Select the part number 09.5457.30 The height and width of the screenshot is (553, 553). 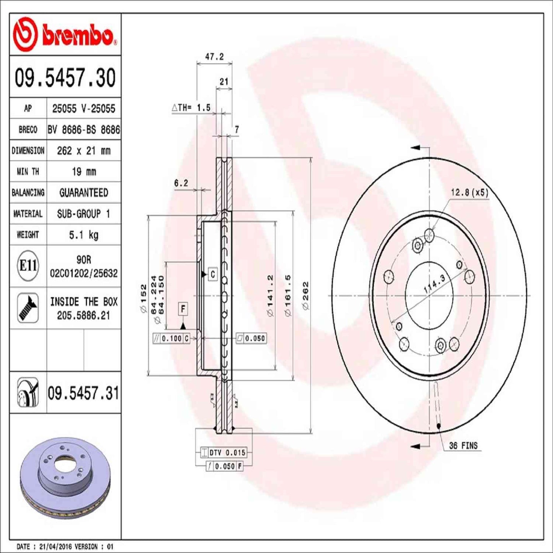(x=65, y=78)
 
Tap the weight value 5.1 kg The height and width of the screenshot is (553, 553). (x=83, y=235)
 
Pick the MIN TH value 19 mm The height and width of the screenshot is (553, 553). (x=83, y=171)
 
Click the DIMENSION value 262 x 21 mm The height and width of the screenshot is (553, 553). (x=83, y=151)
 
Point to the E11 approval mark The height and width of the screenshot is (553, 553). (x=28, y=265)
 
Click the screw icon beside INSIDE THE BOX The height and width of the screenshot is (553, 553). (x=28, y=308)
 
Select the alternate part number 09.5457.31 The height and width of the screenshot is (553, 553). (x=83, y=393)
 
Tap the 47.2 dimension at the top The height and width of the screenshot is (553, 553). (x=214, y=57)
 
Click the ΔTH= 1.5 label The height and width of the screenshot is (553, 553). (x=191, y=108)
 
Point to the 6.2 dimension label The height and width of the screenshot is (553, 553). (x=181, y=183)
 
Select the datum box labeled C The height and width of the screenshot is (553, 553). (x=212, y=274)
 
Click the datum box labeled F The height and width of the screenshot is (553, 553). (x=183, y=309)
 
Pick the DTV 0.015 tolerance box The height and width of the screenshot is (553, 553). (x=223, y=453)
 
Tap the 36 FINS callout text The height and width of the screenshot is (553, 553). (x=463, y=445)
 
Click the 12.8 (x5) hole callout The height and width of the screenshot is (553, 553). (x=469, y=192)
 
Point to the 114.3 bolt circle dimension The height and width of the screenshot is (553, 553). (x=434, y=284)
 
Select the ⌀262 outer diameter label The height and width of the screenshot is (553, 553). (x=305, y=296)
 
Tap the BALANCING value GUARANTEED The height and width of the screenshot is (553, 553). (x=83, y=192)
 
